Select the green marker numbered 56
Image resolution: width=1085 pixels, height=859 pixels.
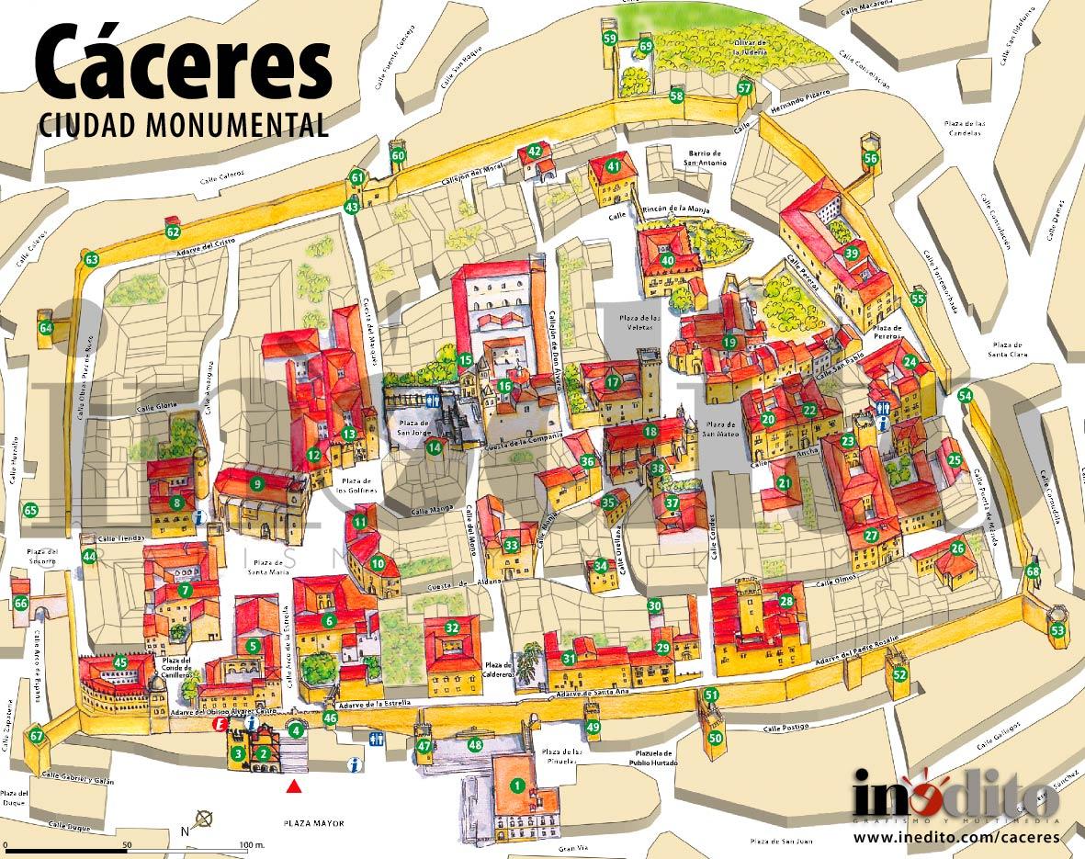pyautogui.click(x=871, y=158)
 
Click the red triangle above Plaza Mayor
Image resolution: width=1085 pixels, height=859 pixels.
pyautogui.click(x=294, y=786)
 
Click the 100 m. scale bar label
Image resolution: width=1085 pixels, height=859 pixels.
pyautogui.click(x=252, y=845)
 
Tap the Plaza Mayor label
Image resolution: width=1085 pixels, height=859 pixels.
pyautogui.click(x=314, y=824)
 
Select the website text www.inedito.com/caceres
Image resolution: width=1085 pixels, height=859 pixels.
pyautogui.click(x=956, y=838)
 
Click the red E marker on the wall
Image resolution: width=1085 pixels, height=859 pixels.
pyautogui.click(x=220, y=724)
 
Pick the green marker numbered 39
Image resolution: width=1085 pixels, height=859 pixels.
pyautogui.click(x=852, y=254)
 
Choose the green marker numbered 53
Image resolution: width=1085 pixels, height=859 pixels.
pyautogui.click(x=1057, y=630)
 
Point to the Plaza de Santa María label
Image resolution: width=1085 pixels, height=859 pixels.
pyautogui.click(x=254, y=568)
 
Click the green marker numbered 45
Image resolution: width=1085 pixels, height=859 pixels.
pyautogui.click(x=120, y=662)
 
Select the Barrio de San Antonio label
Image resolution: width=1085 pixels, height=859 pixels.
pyautogui.click(x=706, y=158)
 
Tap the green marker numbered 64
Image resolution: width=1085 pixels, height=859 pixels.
pyautogui.click(x=46, y=328)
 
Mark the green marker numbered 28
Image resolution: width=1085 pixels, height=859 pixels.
pyautogui.click(x=786, y=601)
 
